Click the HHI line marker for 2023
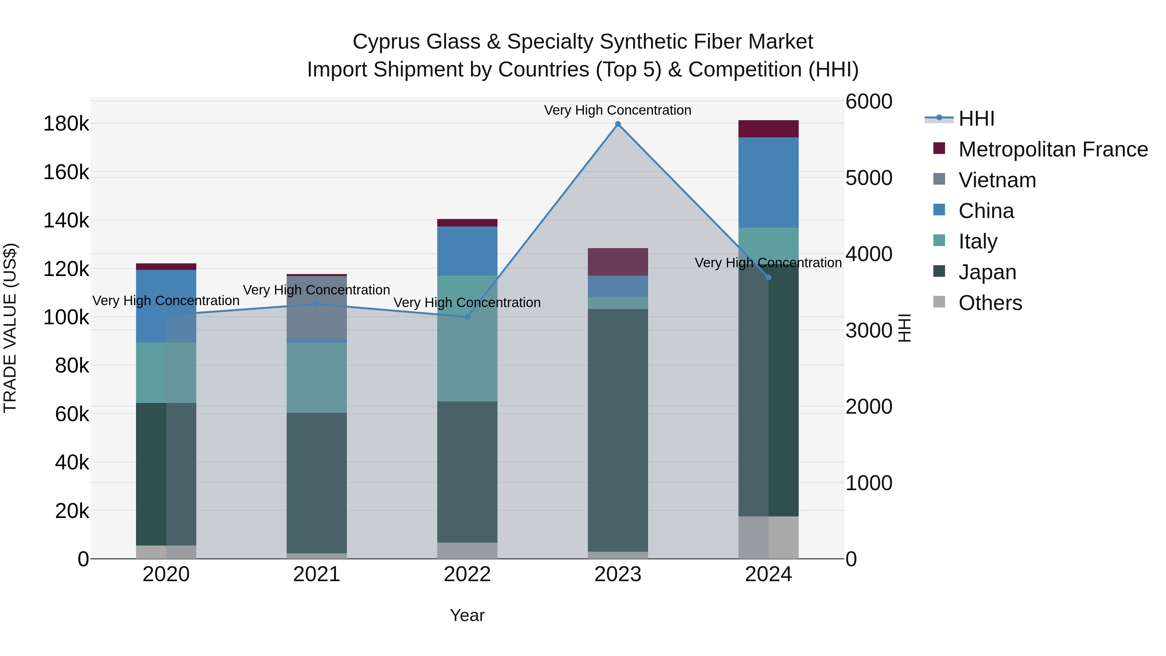(618, 124)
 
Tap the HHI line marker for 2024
(768, 278)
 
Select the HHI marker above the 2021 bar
(316, 304)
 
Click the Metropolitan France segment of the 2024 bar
(768, 129)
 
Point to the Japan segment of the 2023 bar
(618, 430)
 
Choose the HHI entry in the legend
(976, 119)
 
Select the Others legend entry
(990, 303)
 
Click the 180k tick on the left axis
(66, 124)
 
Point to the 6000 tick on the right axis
(868, 101)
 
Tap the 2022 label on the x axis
(467, 574)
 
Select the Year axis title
(467, 615)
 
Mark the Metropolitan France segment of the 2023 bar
(618, 262)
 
